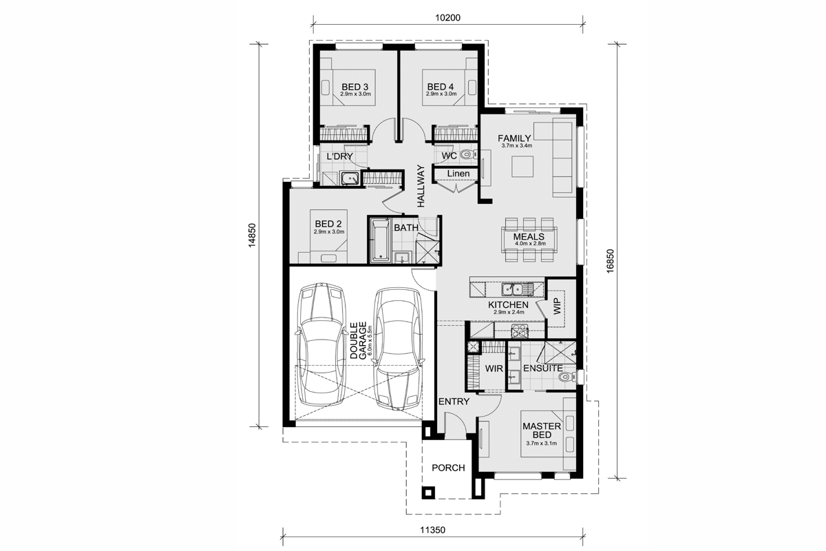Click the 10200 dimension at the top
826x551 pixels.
click(447, 18)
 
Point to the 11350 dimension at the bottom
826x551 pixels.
click(433, 530)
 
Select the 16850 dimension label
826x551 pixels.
click(611, 261)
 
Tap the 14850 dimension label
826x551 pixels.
click(252, 235)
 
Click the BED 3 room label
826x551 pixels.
click(354, 87)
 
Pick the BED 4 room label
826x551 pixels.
click(441, 87)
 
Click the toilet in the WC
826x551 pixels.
click(468, 154)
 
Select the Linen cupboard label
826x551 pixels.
click(458, 174)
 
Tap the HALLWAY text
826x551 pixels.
click(421, 186)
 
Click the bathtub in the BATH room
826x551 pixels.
click(380, 240)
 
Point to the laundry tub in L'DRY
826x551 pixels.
click(349, 178)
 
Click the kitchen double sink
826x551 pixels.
click(518, 289)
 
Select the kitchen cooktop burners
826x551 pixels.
click(520, 331)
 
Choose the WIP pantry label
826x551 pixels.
click(557, 306)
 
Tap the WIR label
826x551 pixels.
click(494, 368)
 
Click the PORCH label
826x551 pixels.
click(448, 468)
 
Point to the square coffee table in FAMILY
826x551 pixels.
click(522, 167)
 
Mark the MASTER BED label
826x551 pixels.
click(542, 430)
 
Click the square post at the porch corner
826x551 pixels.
click(428, 492)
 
